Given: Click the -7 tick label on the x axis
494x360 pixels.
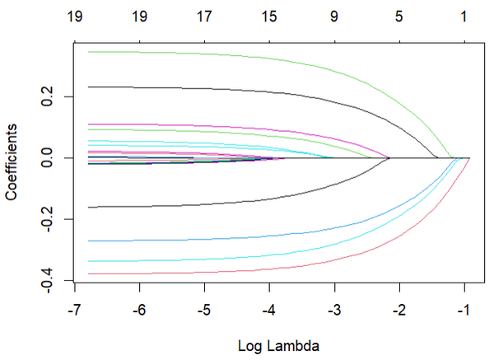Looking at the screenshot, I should pos(75,311).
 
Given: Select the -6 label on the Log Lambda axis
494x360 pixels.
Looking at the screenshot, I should pos(139,311).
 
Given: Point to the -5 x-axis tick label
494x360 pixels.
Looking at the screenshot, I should pos(204,311).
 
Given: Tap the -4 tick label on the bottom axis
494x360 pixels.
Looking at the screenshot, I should pos(269,311).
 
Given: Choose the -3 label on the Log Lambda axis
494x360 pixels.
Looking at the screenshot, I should pos(334,311).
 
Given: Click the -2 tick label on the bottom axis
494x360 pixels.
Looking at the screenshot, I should pos(399,311).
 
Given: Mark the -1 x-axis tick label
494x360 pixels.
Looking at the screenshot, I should pos(464,311).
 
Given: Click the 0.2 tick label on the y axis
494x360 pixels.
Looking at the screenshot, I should pos(52,97).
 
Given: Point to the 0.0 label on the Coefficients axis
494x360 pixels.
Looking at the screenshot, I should pos(52,157).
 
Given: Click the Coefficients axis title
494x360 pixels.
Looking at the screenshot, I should pos(14,161).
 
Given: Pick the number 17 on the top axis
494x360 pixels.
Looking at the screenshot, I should pos(204,16).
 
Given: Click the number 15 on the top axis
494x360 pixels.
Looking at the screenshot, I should pos(269,16).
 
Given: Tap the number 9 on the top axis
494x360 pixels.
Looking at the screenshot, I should pos(334,16).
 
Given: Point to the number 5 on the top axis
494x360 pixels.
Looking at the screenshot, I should pos(399,16).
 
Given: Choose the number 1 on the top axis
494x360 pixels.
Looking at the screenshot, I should pos(464,16).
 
